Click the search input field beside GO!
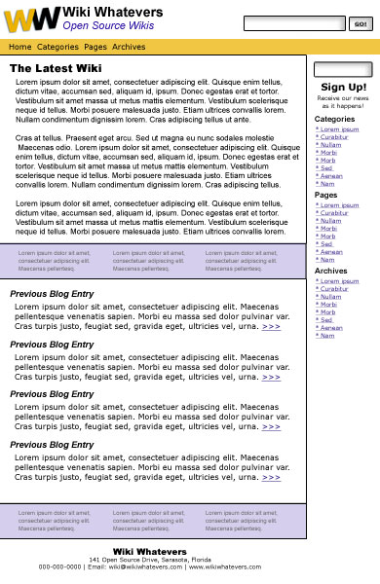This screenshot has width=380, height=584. coord(294,23)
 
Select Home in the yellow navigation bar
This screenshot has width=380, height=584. coord(19,47)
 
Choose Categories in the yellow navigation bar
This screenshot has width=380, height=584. coord(57,47)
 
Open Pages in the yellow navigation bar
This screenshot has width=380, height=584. coord(95,47)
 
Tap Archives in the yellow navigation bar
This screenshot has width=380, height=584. coord(129,47)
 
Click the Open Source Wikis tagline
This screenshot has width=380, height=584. coord(108,25)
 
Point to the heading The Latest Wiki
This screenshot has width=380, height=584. coord(56,68)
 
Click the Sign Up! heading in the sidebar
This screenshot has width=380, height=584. coord(343,87)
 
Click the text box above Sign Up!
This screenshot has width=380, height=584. coord(343,69)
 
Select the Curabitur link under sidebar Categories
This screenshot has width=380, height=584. coord(333,137)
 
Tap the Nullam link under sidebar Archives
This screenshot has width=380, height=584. coord(330,297)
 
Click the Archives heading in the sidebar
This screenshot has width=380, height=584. coord(330,272)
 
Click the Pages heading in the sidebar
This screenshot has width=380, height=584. coord(325,195)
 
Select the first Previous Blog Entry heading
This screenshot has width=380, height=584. coord(52,294)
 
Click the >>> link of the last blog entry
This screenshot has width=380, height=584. coord(271,477)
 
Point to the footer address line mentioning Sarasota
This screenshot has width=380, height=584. coord(150,560)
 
